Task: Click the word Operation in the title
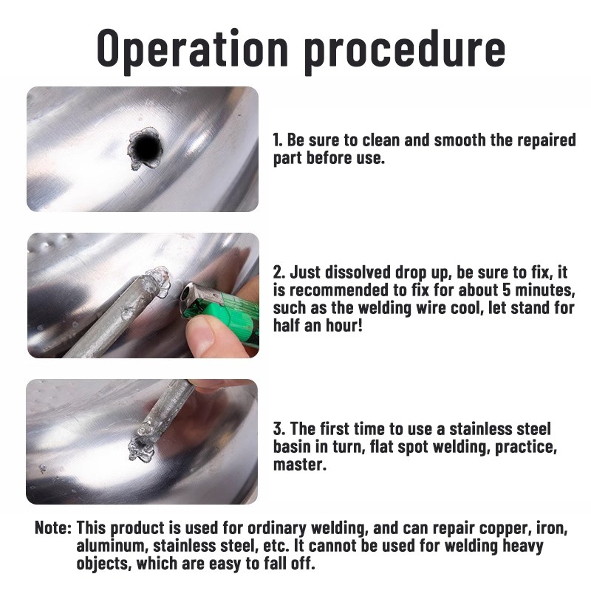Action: point(193,49)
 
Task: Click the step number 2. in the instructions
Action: point(279,273)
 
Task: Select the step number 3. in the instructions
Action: point(279,429)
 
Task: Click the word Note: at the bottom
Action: point(53,527)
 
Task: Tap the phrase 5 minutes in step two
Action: point(539,290)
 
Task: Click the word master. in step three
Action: point(300,464)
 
